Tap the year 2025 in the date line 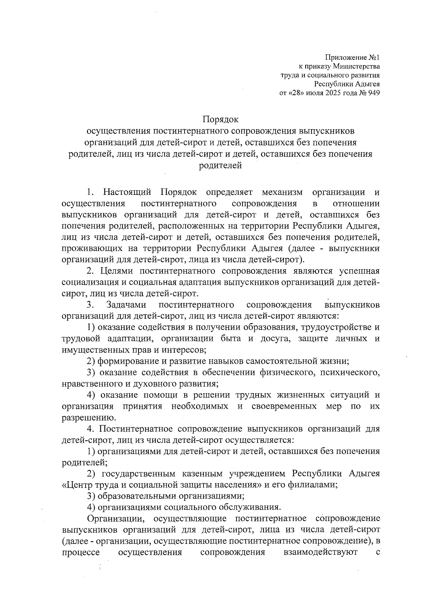tap(329, 93)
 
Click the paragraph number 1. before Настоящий tap(91, 192)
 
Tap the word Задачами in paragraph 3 tap(126, 305)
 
